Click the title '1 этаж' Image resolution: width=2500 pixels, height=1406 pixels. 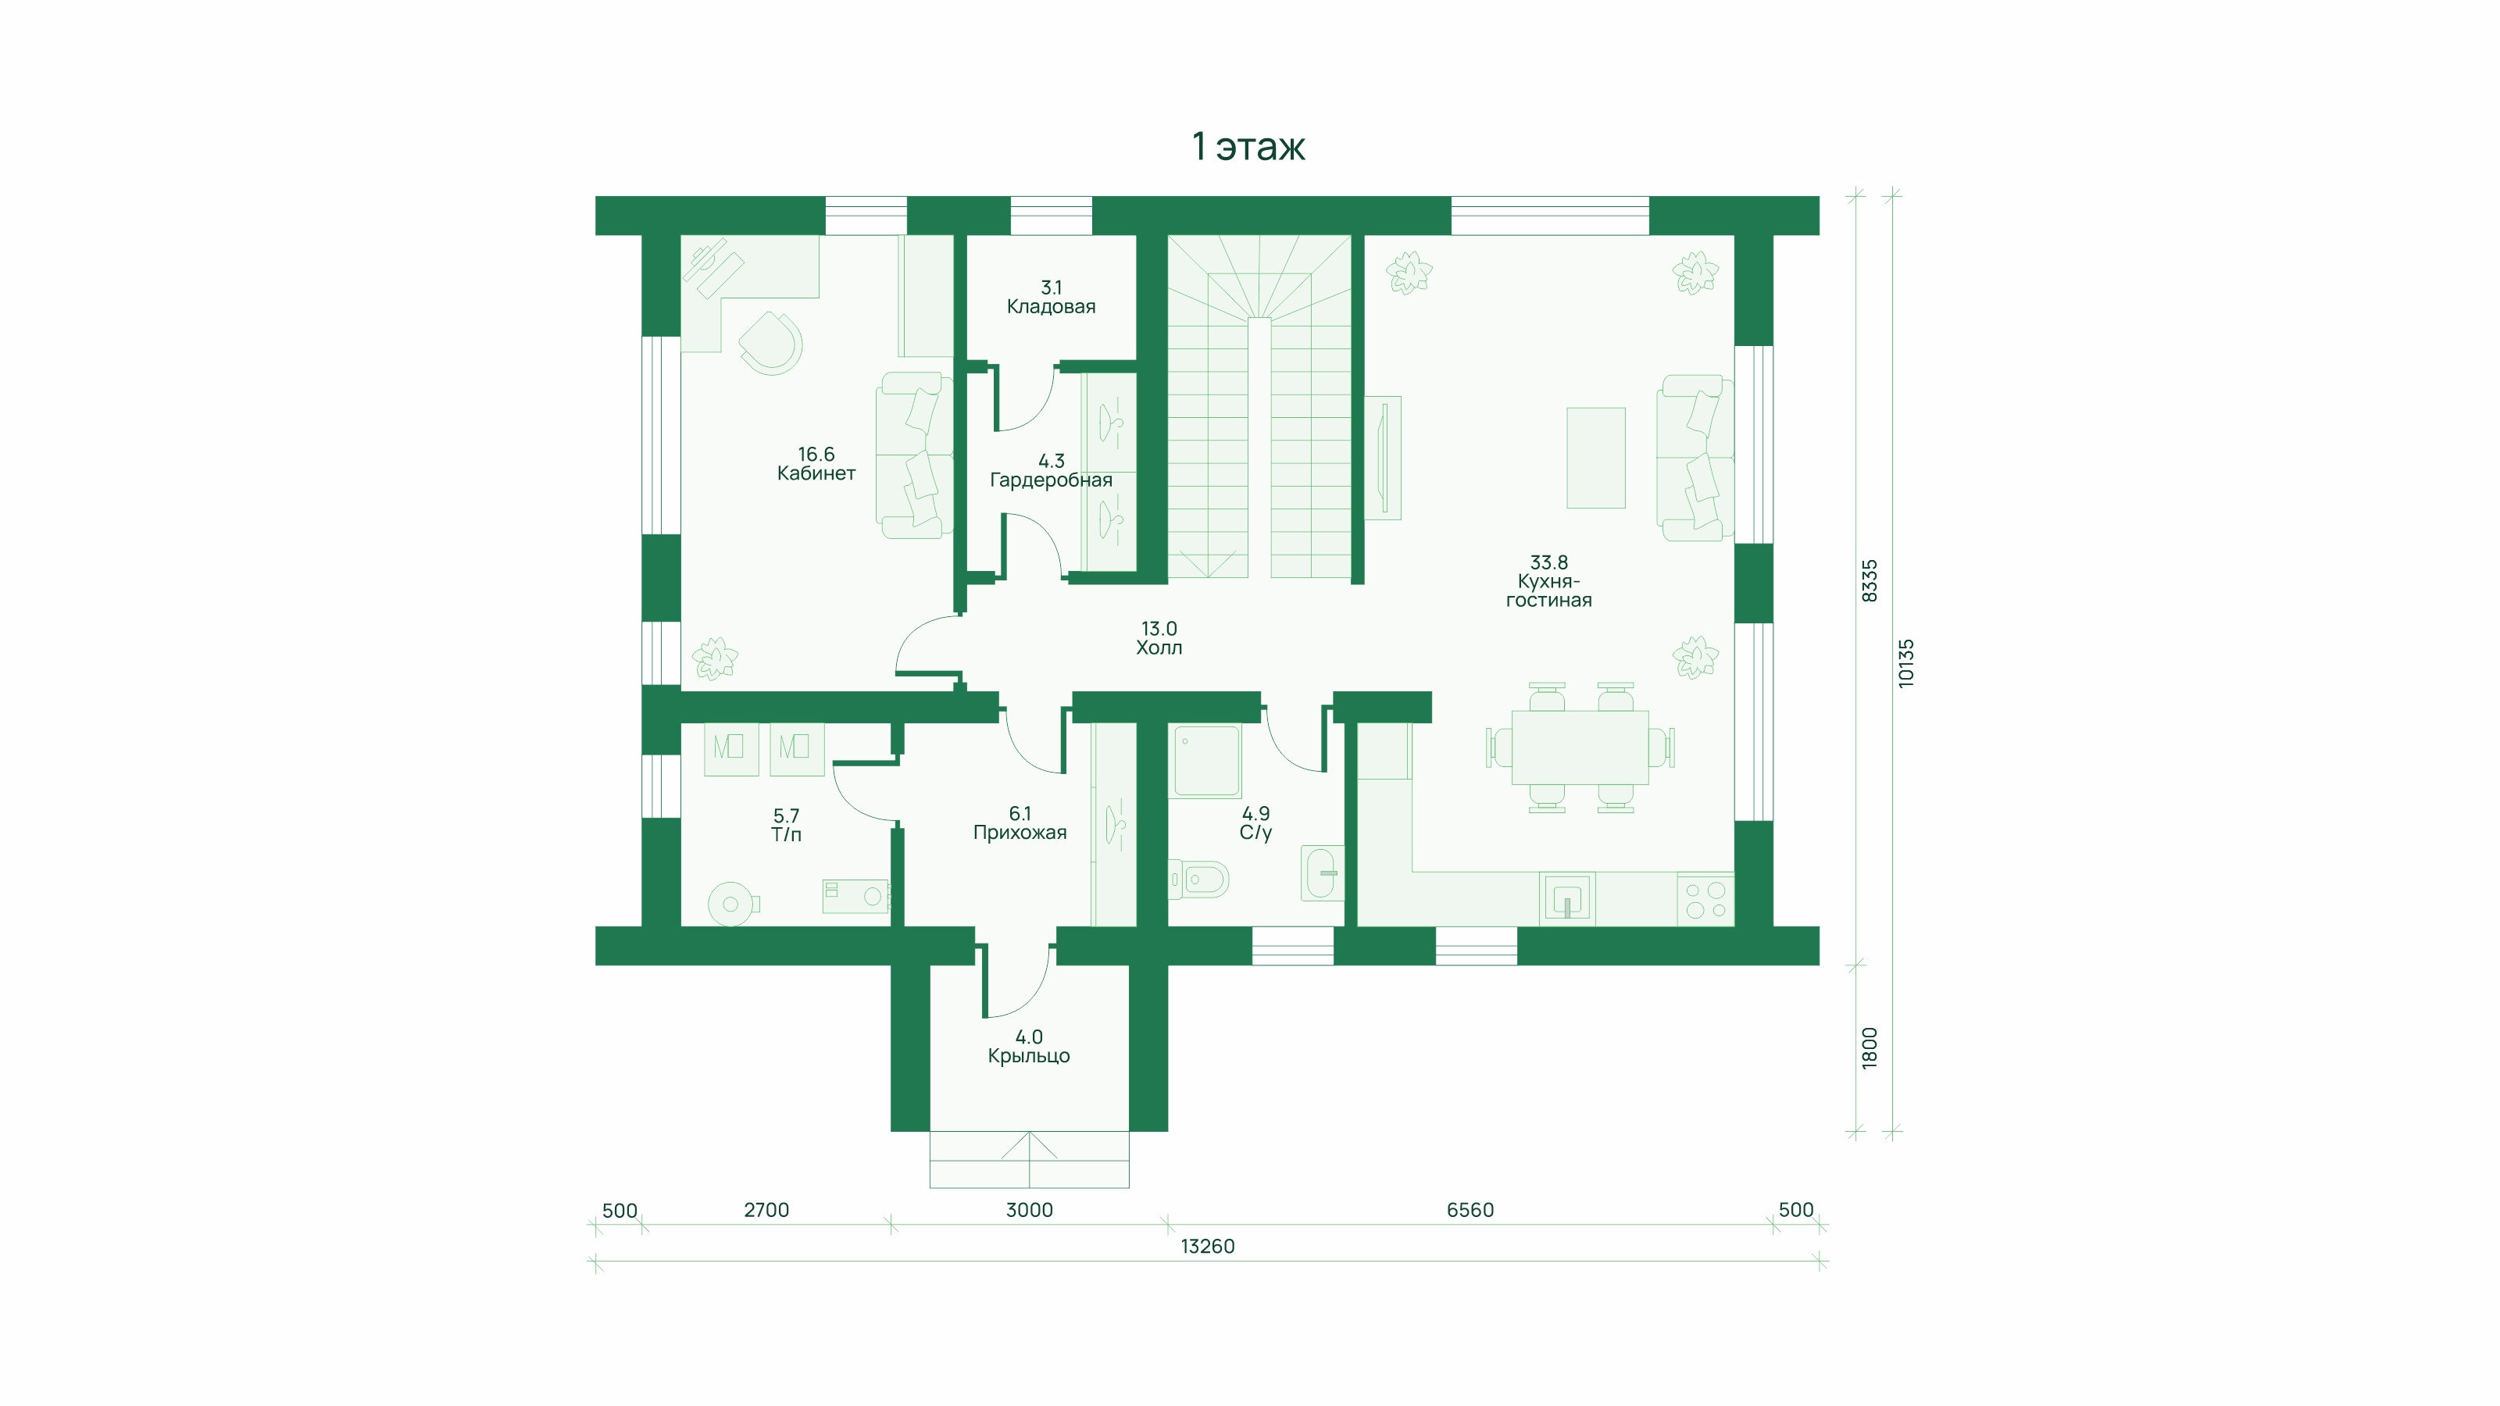tap(1248, 147)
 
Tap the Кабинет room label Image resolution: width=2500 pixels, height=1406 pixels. tap(816, 464)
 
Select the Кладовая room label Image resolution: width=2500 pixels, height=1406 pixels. tap(1051, 297)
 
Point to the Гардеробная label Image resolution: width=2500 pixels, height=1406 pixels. tap(1051, 470)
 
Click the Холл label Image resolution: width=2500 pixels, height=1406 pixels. tap(1159, 638)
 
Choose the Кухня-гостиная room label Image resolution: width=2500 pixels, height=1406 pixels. tap(1549, 581)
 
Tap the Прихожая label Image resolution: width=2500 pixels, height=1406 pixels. tap(1020, 823)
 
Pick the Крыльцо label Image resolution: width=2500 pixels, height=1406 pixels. tap(1029, 1047)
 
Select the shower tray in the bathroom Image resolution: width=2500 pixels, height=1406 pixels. tap(1207, 761)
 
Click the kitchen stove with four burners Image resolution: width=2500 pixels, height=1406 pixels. tap(1705, 898)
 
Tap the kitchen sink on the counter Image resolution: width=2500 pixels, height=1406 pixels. tap(1567, 898)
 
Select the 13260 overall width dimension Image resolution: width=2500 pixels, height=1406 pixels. tap(1207, 1247)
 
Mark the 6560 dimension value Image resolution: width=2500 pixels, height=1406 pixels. tap(1470, 1210)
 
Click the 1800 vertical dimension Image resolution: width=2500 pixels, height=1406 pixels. tap(1870, 1048)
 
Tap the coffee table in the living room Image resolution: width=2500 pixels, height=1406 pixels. tap(1595, 458)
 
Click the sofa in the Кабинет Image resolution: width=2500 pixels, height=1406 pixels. tap(912, 455)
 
